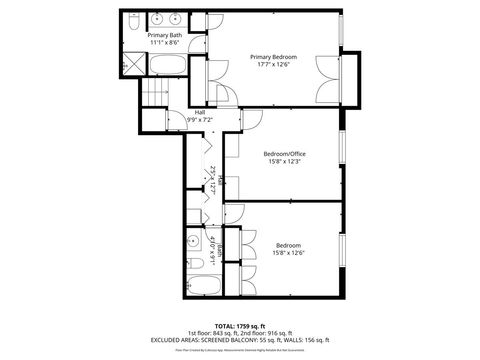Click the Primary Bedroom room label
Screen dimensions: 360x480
(x=274, y=58)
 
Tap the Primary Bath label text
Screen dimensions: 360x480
(x=166, y=35)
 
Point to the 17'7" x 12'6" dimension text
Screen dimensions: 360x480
(x=274, y=66)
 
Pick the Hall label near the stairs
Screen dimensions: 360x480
(x=200, y=112)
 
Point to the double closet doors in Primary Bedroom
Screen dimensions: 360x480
(x=325, y=77)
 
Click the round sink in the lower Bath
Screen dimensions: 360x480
(x=194, y=241)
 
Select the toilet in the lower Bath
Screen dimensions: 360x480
(x=194, y=266)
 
